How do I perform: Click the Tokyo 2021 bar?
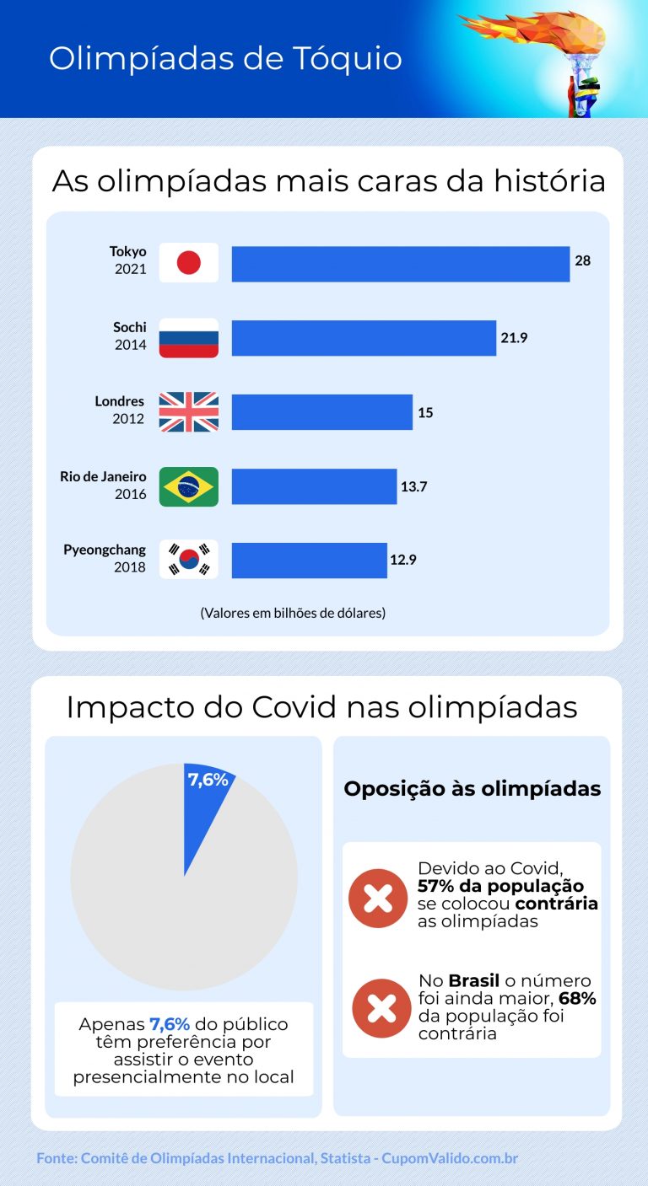[401, 264]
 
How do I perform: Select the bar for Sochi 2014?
[364, 338]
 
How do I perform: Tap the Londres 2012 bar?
[322, 412]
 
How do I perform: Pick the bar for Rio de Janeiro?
[314, 486]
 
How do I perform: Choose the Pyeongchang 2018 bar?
[309, 560]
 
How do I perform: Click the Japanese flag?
[188, 263]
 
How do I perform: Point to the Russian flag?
[188, 338]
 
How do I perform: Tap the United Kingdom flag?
[188, 412]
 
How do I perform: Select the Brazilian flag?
[188, 486]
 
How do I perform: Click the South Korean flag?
[188, 560]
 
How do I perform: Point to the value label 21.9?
[514, 338]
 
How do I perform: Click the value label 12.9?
[402, 559]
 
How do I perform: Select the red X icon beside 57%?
[377, 899]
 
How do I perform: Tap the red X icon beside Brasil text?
[381, 1008]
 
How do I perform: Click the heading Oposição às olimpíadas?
[472, 789]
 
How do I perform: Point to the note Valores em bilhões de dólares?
[293, 613]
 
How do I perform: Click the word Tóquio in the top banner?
[346, 59]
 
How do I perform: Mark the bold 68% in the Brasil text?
[577, 999]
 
